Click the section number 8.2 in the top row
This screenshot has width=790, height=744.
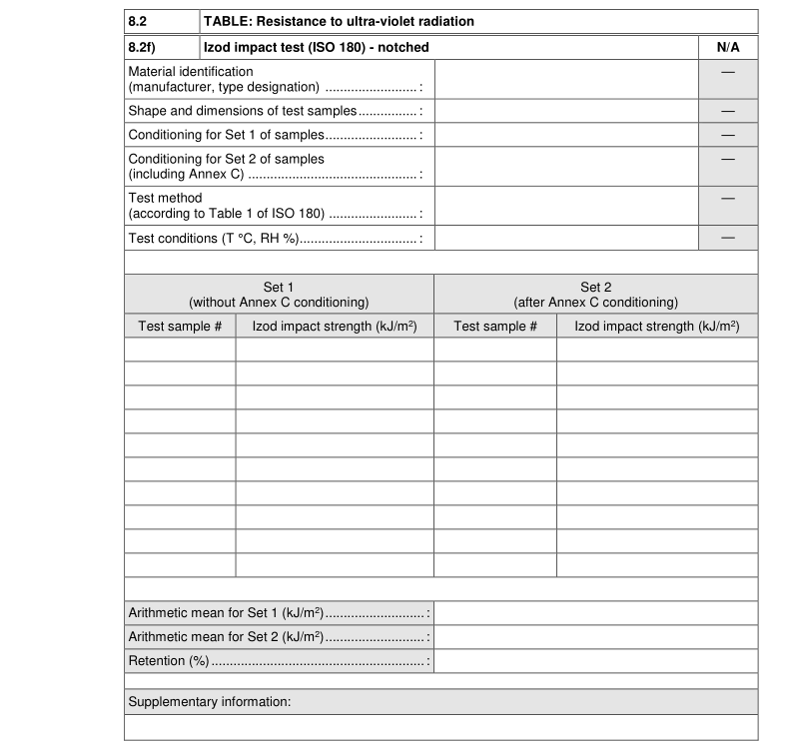[138, 21]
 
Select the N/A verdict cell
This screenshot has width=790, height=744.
[727, 47]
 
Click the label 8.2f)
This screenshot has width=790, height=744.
[142, 47]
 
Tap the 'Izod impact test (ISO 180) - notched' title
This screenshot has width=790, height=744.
[317, 47]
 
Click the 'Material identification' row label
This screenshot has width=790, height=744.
[191, 72]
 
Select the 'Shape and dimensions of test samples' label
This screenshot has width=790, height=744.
[244, 111]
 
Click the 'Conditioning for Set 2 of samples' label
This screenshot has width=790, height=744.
[227, 159]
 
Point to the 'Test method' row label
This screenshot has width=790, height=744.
[166, 198]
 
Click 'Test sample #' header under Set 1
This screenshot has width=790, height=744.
[180, 327]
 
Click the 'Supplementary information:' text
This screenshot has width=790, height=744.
[210, 702]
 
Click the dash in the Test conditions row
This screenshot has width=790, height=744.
[727, 238]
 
